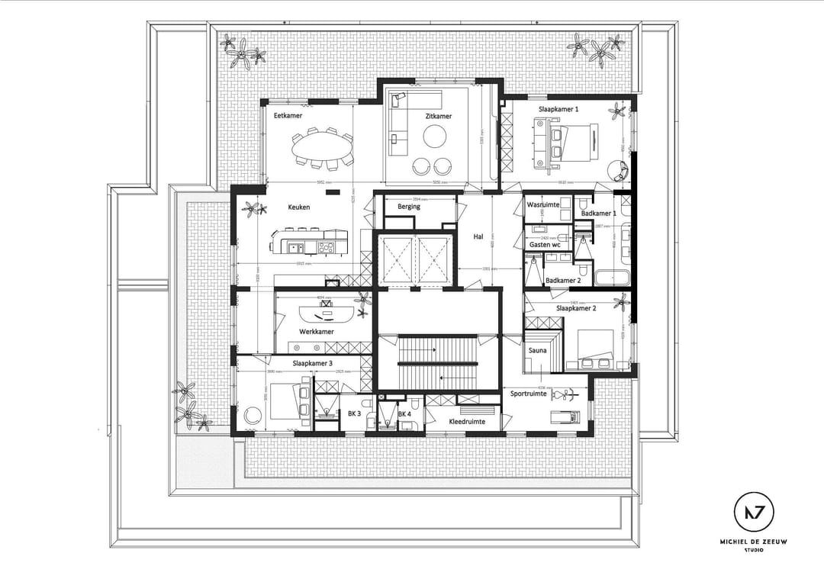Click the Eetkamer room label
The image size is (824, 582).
[288, 115]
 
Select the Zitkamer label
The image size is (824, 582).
[438, 117]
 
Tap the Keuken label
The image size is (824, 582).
[298, 207]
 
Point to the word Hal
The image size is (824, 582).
[478, 236]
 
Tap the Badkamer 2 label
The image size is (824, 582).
[563, 281]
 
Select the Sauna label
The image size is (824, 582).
[538, 351]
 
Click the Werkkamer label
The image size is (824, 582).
[316, 332]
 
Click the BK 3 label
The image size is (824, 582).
[354, 413]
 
